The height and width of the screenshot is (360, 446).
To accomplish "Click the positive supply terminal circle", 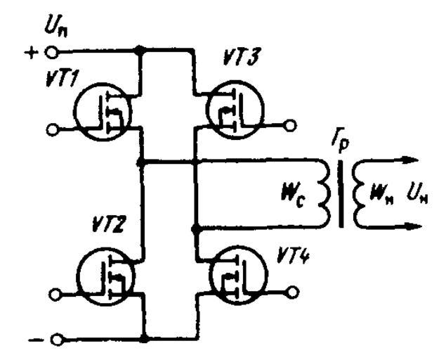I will pyautogui.click(x=51, y=52).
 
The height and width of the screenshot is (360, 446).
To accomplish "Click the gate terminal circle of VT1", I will pyautogui.click(x=51, y=129).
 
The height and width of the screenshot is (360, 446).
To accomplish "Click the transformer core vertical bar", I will pyautogui.click(x=342, y=193).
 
